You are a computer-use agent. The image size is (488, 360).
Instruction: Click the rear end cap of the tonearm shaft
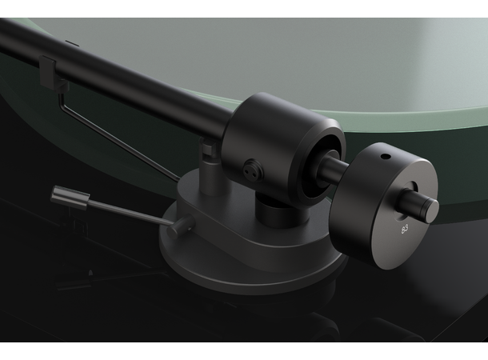pyautogui.click(x=430, y=209)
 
